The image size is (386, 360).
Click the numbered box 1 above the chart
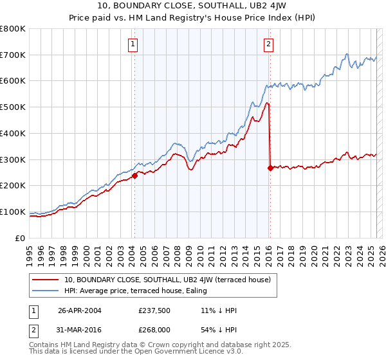(133, 44)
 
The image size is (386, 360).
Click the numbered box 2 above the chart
(268, 44)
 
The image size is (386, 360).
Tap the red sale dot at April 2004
(134, 175)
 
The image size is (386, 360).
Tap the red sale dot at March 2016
(270, 167)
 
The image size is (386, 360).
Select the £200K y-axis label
(13, 186)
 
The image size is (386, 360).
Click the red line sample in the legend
(46, 280)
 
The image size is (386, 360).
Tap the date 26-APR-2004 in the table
(80, 310)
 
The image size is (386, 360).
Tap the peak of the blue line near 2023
(347, 54)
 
